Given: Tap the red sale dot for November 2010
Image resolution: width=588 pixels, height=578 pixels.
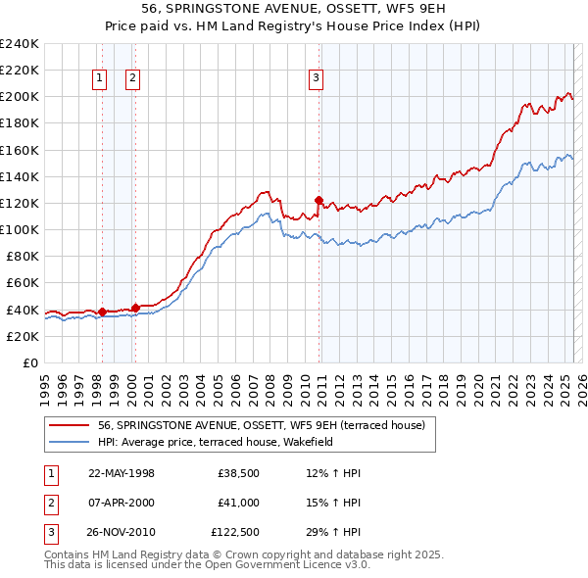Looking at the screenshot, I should (x=318, y=200).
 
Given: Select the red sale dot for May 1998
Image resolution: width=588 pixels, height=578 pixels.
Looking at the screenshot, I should (x=102, y=312).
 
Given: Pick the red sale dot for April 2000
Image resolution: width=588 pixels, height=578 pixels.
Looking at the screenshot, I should (x=135, y=308).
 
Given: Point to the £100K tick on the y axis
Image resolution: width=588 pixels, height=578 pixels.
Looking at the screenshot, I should (x=20, y=229).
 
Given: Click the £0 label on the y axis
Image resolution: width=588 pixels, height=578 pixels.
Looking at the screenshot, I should (x=29, y=362).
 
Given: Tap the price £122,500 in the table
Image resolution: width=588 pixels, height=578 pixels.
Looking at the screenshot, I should (x=235, y=534).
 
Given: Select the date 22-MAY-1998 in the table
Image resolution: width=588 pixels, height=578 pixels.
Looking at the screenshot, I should (x=122, y=473).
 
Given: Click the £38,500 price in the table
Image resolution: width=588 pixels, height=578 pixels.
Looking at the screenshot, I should (x=238, y=473).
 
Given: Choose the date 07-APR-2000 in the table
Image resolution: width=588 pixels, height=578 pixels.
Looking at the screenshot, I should (x=122, y=504).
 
